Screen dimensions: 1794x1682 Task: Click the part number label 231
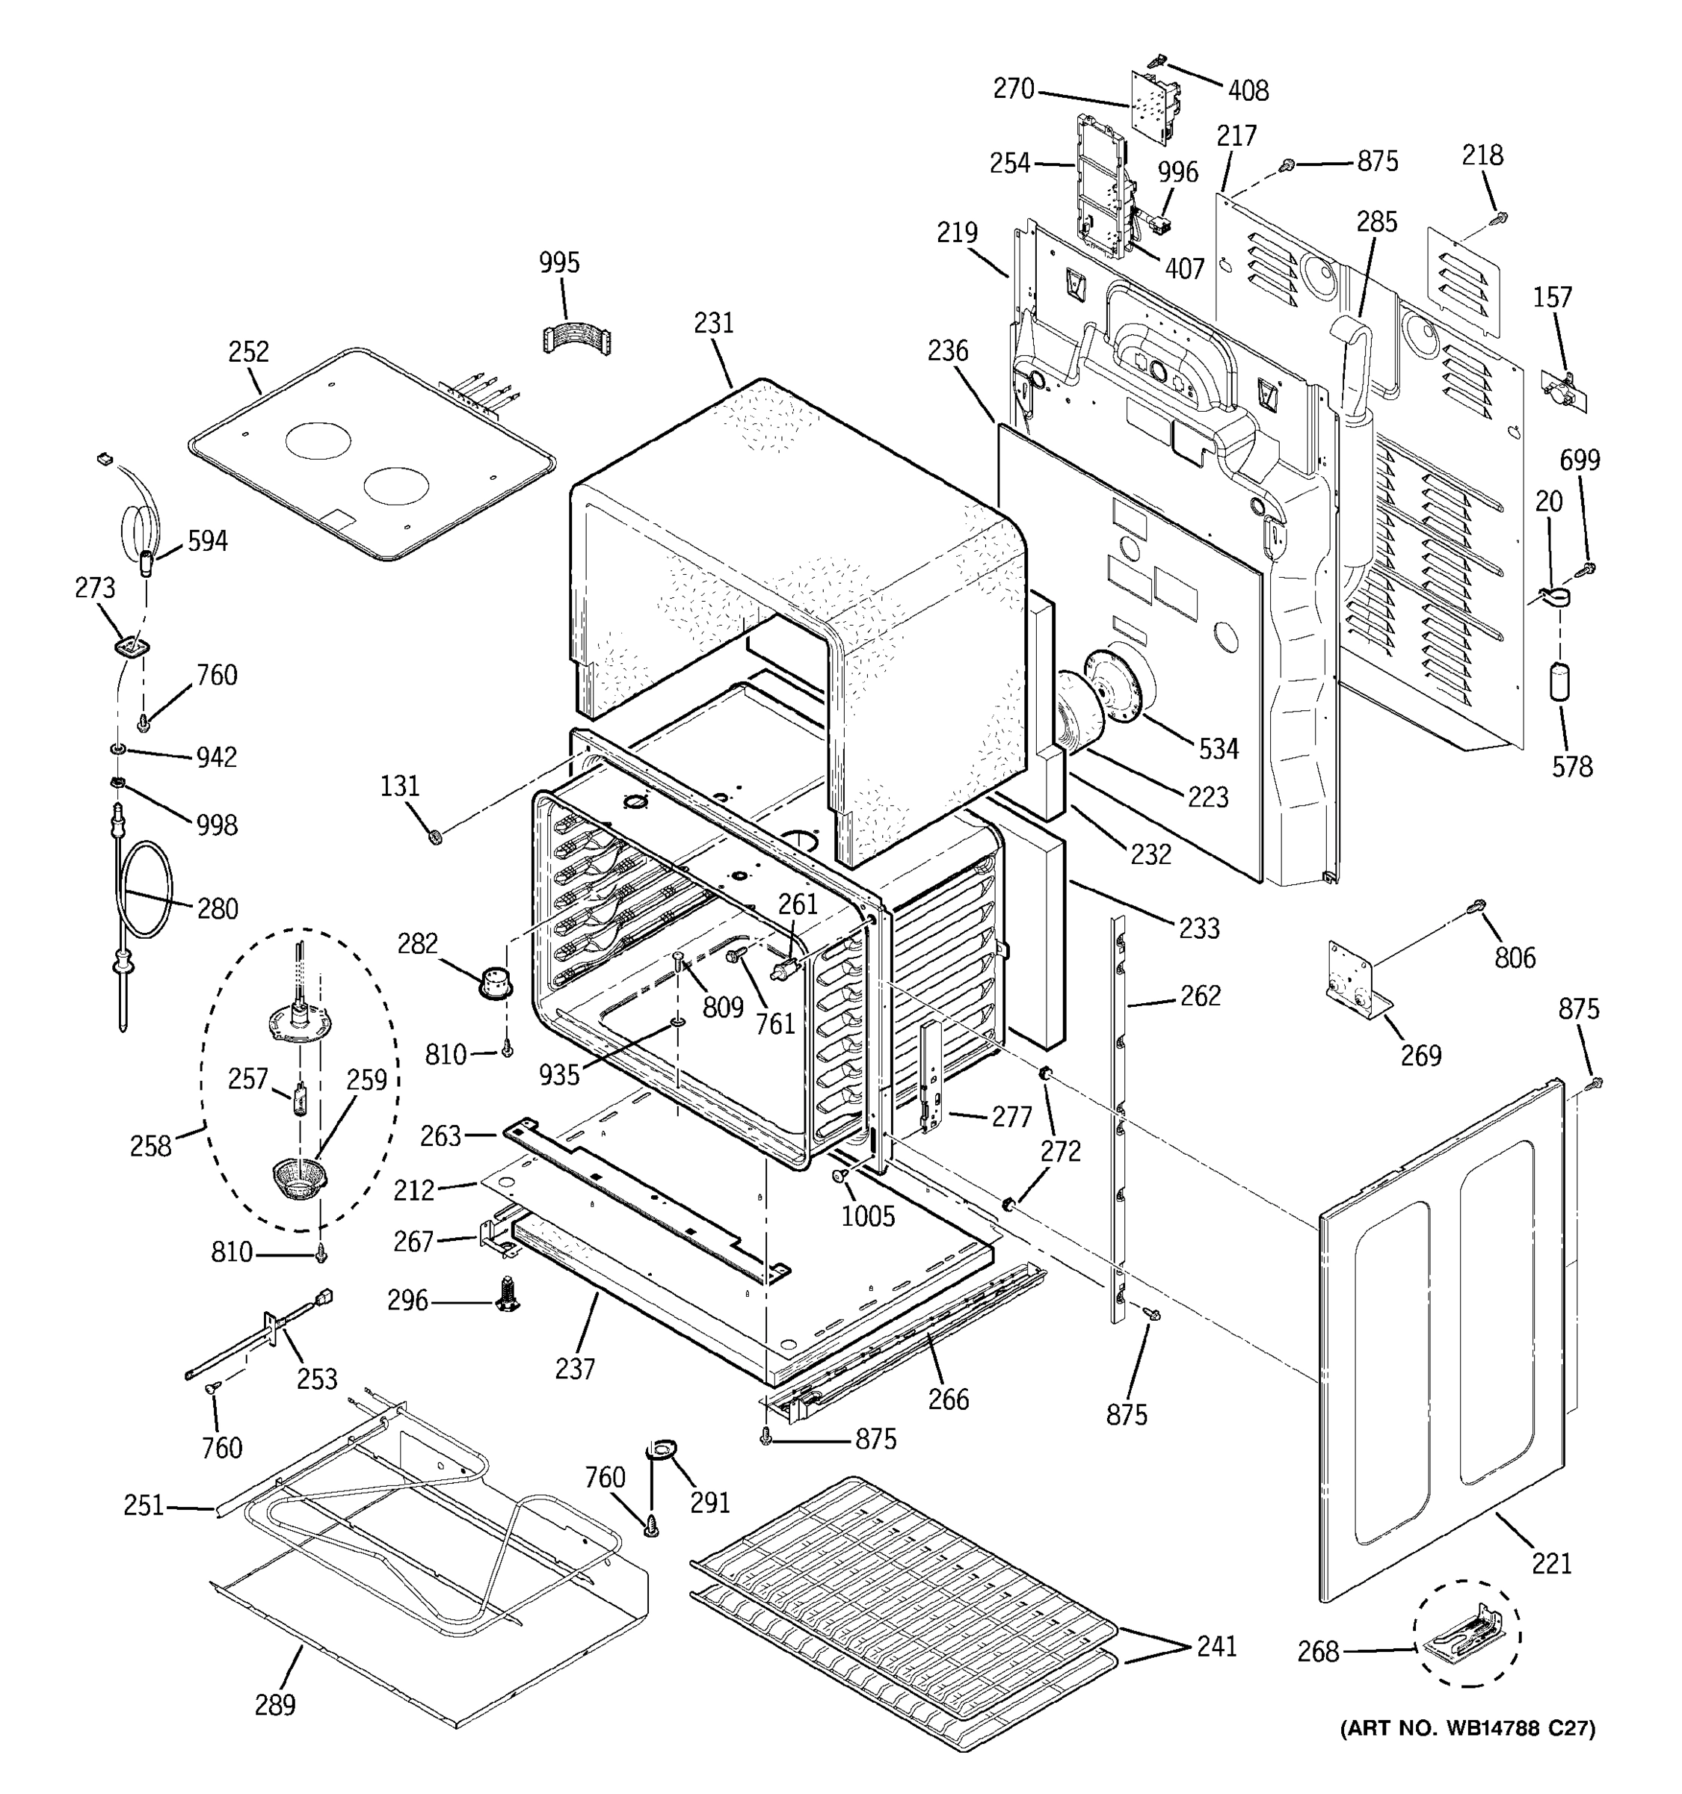[x=714, y=322]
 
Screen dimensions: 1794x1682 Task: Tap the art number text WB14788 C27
[x=1468, y=1728]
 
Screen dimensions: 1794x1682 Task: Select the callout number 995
[x=559, y=262]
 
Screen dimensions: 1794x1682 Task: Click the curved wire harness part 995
[x=576, y=336]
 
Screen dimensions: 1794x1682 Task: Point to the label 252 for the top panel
[x=248, y=351]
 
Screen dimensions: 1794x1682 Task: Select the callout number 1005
[x=868, y=1215]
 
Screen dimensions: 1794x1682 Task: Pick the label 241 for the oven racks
[x=1216, y=1646]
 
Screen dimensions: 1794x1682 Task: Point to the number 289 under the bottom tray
[x=274, y=1704]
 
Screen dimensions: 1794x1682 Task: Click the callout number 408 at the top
[x=1248, y=90]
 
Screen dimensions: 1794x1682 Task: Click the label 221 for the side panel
[x=1551, y=1562]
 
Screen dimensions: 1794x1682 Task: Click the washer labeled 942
[x=118, y=749]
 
